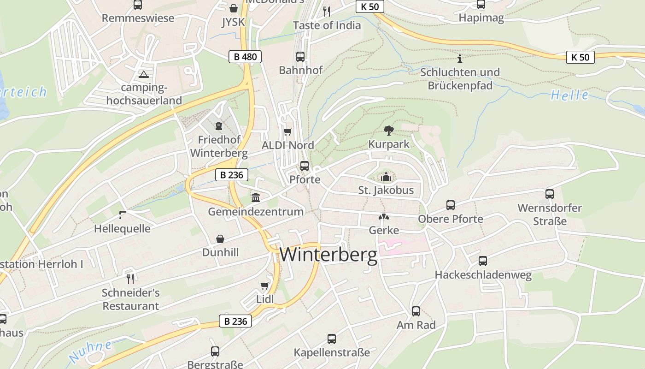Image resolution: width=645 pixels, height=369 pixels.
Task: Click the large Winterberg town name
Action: (x=328, y=255)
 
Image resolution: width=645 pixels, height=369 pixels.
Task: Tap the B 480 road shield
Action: (x=245, y=57)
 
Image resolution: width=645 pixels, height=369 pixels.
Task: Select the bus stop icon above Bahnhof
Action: (x=300, y=57)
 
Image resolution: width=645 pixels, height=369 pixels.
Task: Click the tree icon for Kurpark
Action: (x=389, y=131)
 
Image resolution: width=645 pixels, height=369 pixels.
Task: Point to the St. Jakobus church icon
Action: (x=386, y=177)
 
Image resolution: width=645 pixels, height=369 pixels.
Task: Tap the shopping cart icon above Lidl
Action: (x=265, y=286)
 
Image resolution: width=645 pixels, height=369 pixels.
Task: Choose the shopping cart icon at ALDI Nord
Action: (x=288, y=132)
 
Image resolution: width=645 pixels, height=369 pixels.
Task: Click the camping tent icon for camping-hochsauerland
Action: (x=144, y=74)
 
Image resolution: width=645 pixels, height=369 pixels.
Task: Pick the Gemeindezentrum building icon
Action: (x=256, y=197)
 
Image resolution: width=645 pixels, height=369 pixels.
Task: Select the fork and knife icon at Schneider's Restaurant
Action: (x=130, y=279)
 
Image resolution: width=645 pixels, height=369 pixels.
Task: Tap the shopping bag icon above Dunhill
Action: (x=220, y=239)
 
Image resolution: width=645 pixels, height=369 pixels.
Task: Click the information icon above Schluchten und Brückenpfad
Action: (x=459, y=59)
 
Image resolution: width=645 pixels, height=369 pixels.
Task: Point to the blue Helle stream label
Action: (x=569, y=95)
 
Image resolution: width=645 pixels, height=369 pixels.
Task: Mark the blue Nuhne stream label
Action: (x=90, y=351)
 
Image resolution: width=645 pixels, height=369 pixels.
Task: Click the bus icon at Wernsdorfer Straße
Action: (x=549, y=194)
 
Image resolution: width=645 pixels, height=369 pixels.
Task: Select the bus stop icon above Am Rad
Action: (x=416, y=311)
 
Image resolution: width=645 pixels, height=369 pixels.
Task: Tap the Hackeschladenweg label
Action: (x=483, y=275)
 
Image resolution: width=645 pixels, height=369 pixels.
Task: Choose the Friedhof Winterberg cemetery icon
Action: (x=219, y=125)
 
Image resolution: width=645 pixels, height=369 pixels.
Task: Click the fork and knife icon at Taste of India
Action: (x=327, y=12)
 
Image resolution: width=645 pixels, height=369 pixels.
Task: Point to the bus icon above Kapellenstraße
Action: (x=332, y=339)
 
